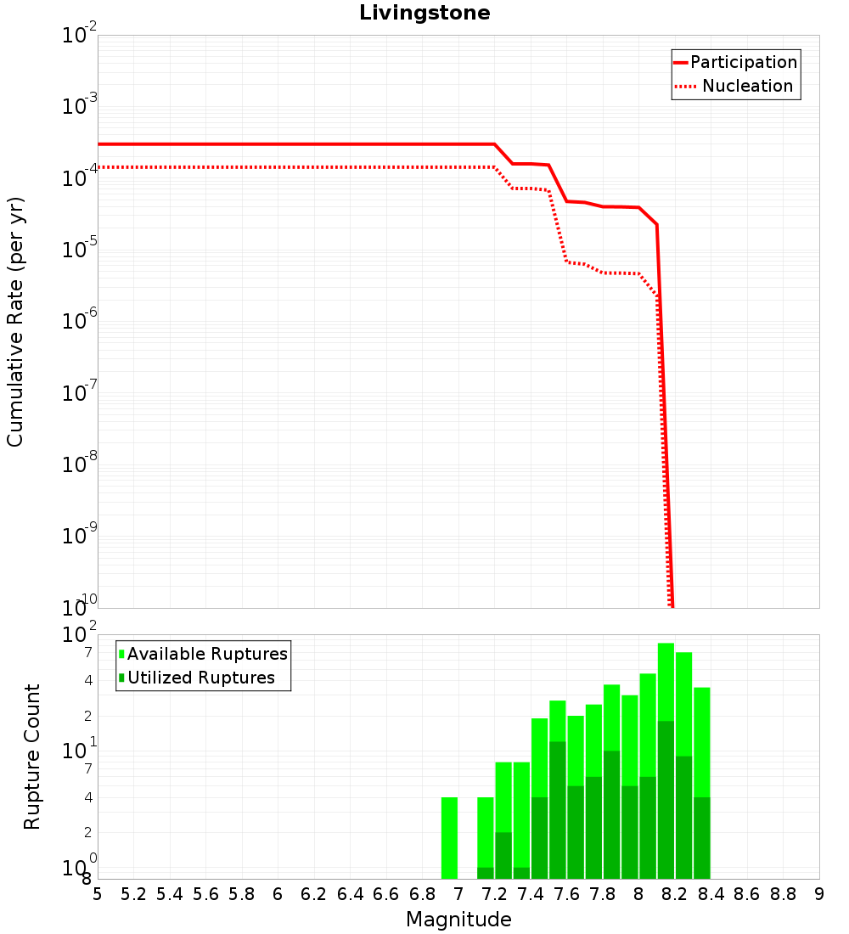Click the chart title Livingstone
coord(424,13)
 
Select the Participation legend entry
coord(743,62)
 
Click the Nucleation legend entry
coord(746,86)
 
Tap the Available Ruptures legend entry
coord(207,654)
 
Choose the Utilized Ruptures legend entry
coord(200,678)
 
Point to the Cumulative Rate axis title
coord(15,322)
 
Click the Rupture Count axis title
coord(32,757)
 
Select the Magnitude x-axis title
coord(458,920)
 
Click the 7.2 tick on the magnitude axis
coord(494,894)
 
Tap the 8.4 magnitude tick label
coord(711,894)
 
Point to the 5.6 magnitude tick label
coord(205,894)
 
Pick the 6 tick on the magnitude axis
coord(278,894)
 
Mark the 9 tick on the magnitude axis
coord(818,894)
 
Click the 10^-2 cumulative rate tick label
coord(80,37)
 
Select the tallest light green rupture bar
coord(666,679)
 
